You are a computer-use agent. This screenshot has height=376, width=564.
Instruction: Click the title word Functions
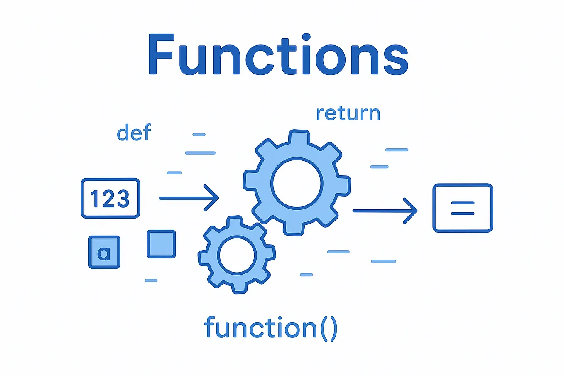tap(278, 54)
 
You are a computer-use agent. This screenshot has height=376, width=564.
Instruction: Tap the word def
tap(134, 133)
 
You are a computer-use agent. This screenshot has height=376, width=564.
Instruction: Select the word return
tap(348, 113)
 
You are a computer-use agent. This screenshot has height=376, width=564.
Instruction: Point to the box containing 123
tap(110, 198)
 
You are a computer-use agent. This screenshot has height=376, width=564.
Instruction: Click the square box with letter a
tap(104, 252)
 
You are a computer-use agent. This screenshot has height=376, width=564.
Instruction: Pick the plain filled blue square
tap(162, 244)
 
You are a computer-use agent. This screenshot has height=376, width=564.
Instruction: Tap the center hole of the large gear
tap(297, 183)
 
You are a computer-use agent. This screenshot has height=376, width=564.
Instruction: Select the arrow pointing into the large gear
tap(189, 198)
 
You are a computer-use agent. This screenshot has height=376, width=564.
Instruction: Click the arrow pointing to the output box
tap(385, 211)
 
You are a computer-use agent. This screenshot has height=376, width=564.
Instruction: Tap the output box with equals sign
tap(463, 208)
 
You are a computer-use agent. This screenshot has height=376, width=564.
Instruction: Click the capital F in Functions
tap(160, 54)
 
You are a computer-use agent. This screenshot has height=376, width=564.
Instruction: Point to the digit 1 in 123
tap(94, 199)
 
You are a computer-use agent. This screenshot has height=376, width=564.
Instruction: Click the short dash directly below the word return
tap(397, 150)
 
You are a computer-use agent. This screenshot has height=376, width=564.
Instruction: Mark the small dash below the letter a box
tap(151, 280)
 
